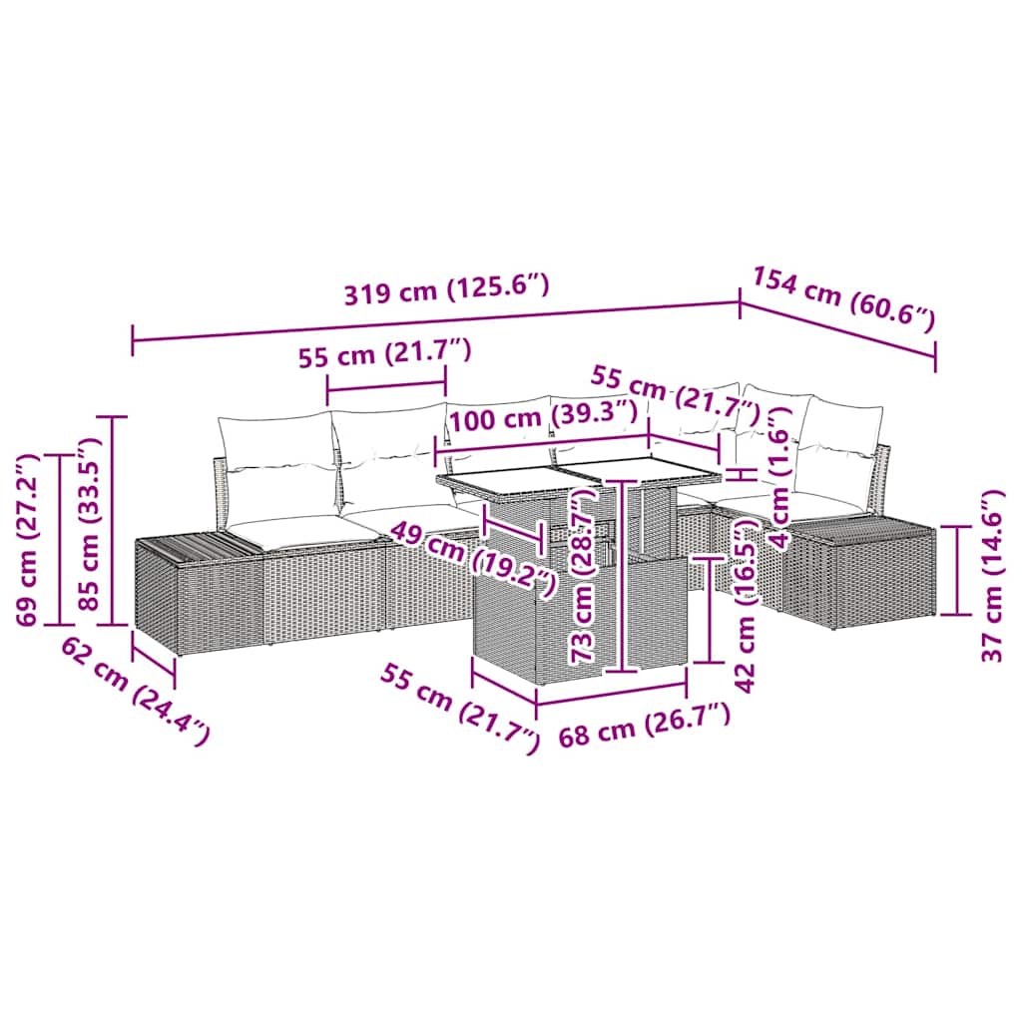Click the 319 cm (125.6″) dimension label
tap(446, 292)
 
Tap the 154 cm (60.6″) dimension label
tap(843, 298)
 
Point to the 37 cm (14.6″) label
tap(990, 576)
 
